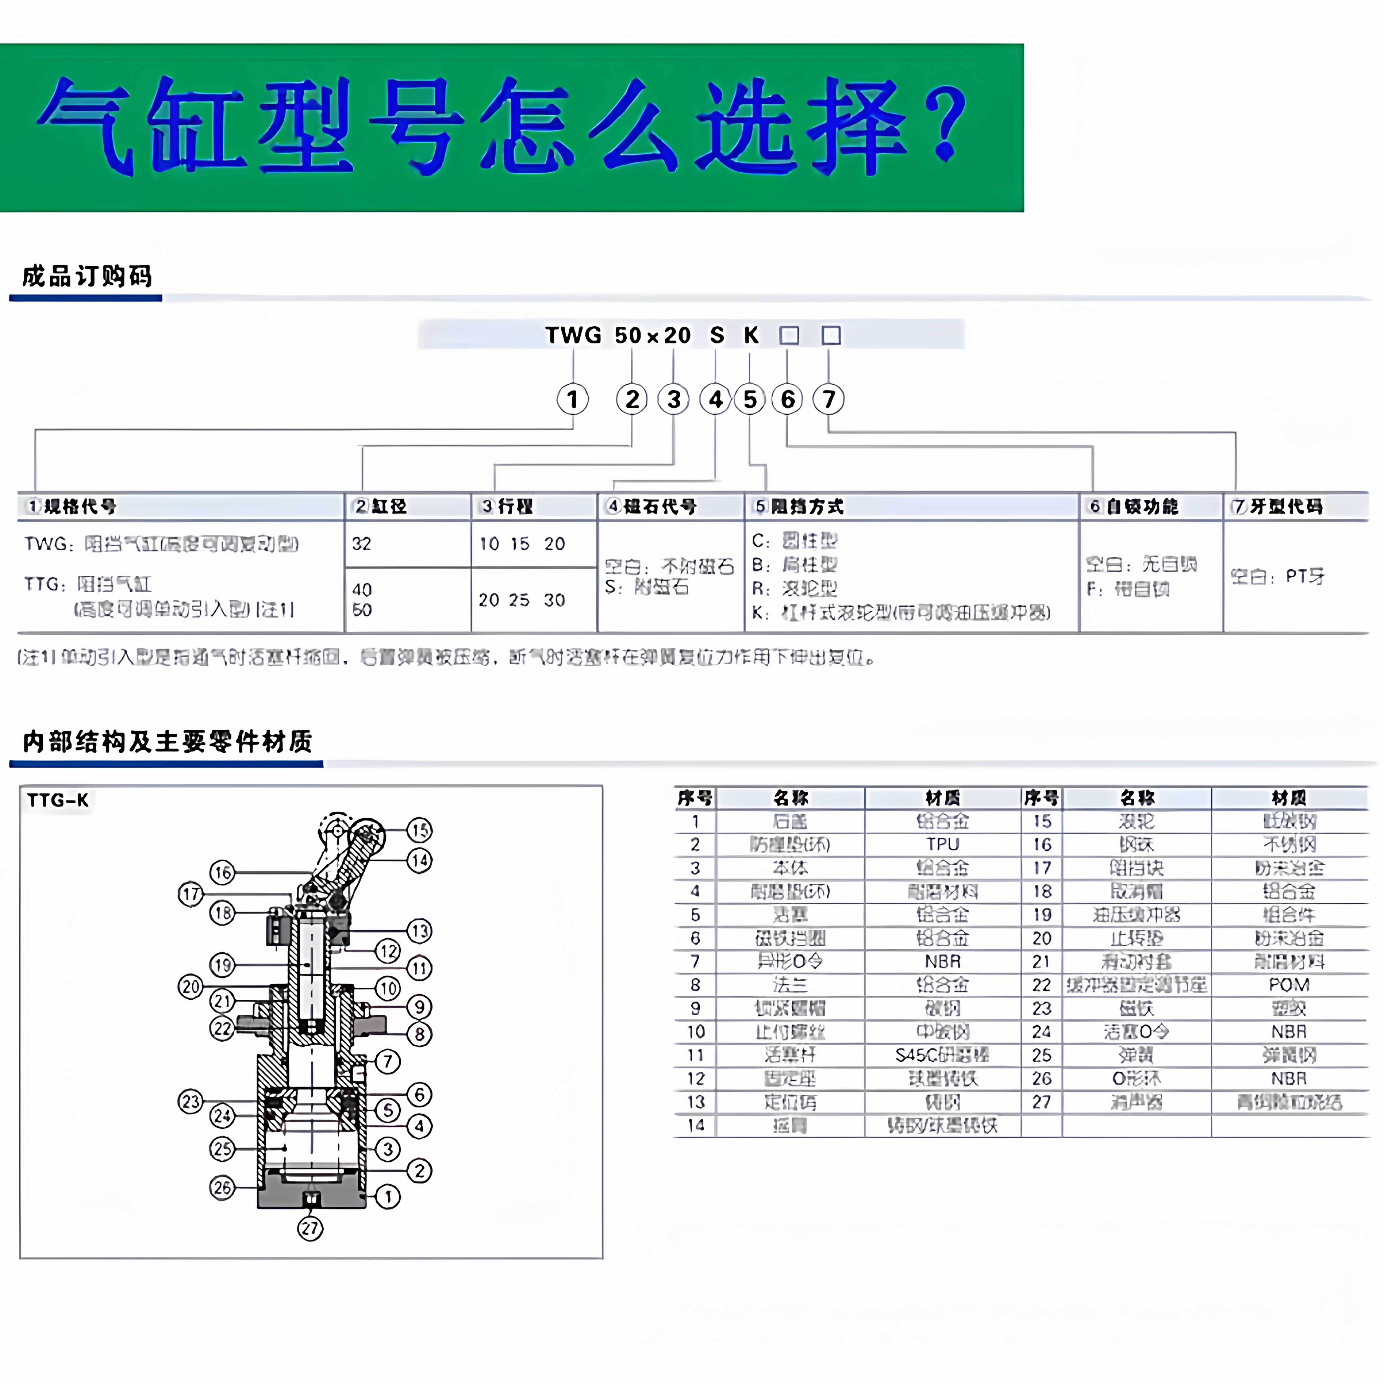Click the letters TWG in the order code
pyautogui.click(x=573, y=335)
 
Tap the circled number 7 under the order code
pyautogui.click(x=829, y=399)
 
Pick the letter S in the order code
pyautogui.click(x=717, y=335)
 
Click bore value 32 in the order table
pyautogui.click(x=362, y=544)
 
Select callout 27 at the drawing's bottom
pyautogui.click(x=310, y=1228)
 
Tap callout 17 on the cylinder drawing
pyautogui.click(x=190, y=894)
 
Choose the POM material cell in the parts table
pyautogui.click(x=1289, y=985)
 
